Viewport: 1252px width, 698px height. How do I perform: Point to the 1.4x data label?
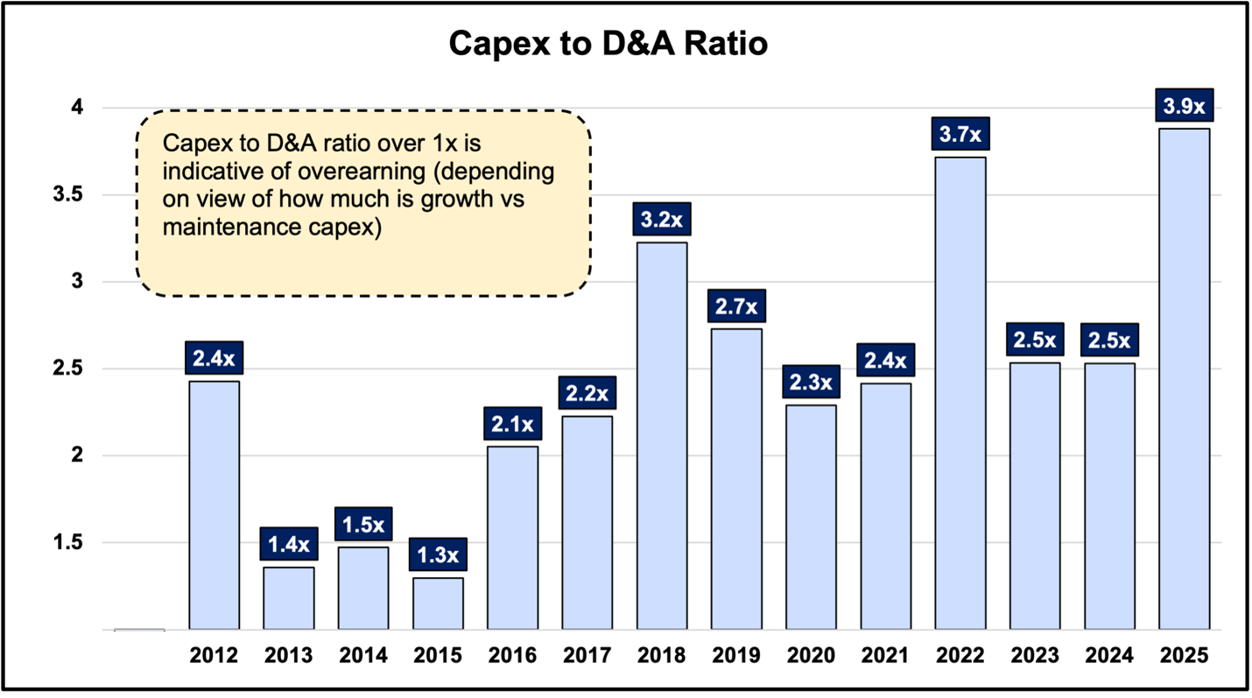point(289,545)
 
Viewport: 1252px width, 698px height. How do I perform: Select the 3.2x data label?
point(662,220)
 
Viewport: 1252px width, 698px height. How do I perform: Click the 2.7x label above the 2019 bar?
point(736,307)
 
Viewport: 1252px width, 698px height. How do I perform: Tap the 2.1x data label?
point(512,425)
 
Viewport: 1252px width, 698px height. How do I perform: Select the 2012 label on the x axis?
point(214,656)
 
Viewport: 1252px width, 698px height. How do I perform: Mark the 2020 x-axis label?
point(811,656)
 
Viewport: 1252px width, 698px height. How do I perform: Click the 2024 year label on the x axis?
point(1109,656)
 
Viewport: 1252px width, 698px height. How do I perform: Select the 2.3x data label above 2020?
point(811,382)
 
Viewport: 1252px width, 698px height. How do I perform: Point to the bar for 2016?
point(512,538)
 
